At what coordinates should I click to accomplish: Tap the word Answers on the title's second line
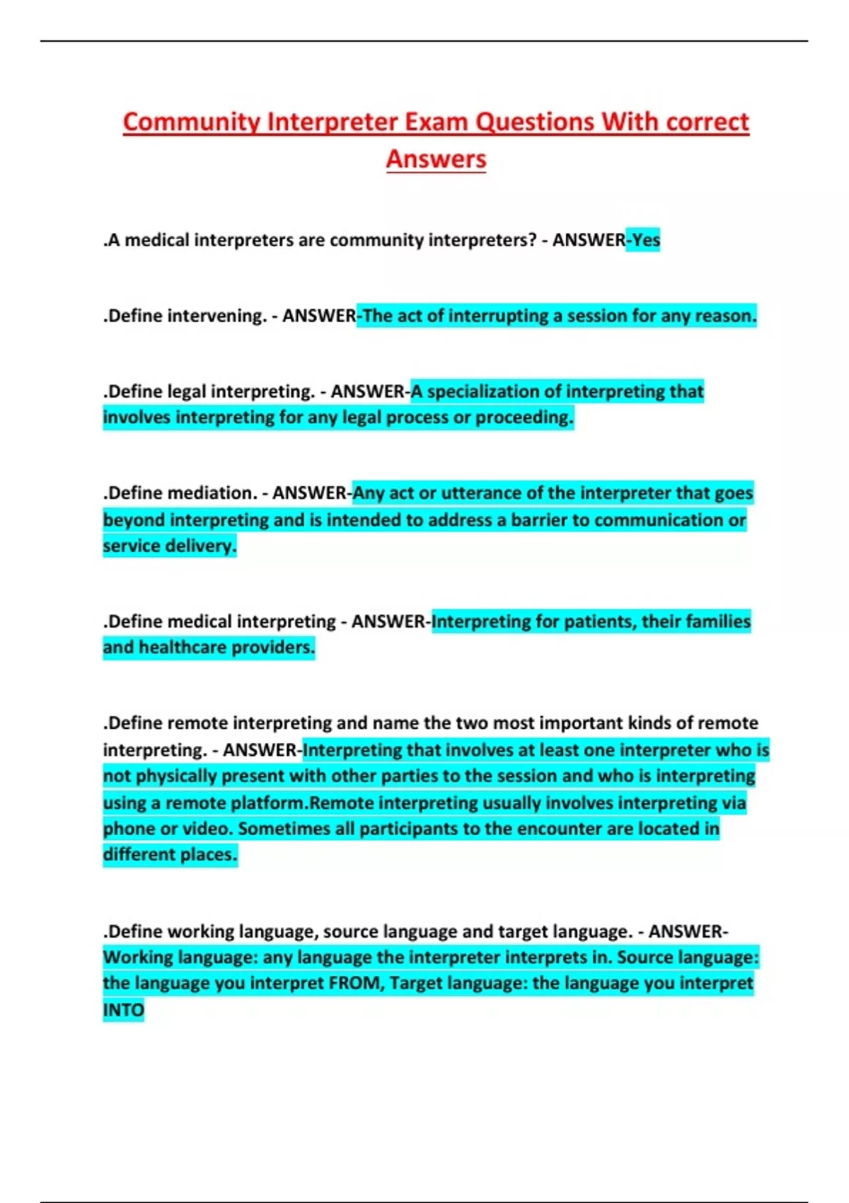point(436,159)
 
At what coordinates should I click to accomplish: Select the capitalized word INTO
point(123,1010)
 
